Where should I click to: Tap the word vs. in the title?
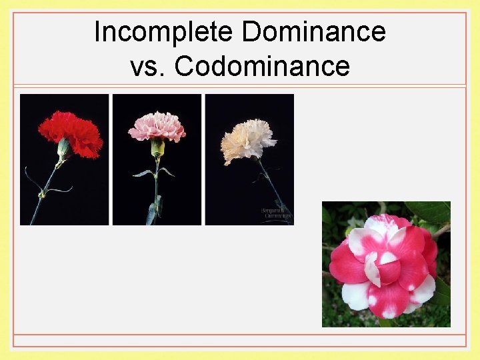[149, 65]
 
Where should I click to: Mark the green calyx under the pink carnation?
[157, 147]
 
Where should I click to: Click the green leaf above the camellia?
[427, 212]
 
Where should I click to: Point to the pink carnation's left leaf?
[143, 173]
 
